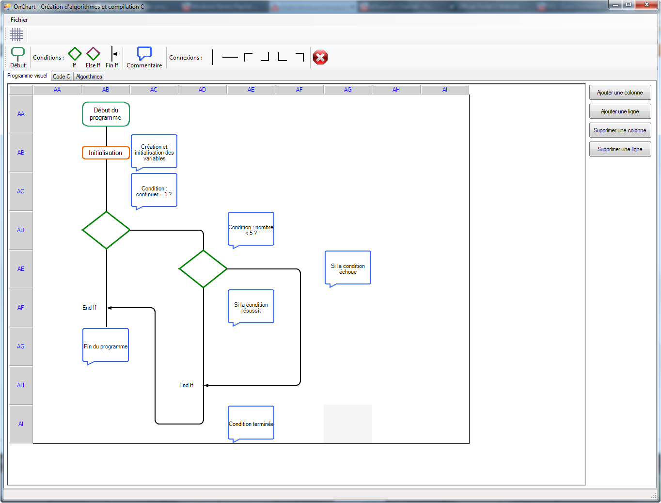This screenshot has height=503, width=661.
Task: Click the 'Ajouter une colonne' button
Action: (620, 93)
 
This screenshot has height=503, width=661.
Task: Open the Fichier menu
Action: (19, 20)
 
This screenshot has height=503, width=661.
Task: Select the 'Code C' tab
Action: (62, 77)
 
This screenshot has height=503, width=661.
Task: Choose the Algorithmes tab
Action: (89, 77)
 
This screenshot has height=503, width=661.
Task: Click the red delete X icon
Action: (320, 57)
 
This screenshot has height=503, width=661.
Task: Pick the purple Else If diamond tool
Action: (93, 54)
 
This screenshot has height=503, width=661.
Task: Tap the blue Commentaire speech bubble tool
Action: (144, 54)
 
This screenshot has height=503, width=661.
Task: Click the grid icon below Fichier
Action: (16, 34)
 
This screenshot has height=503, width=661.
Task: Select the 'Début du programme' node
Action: (106, 114)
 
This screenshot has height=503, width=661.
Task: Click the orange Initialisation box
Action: (106, 153)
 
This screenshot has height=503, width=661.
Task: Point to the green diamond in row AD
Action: (106, 230)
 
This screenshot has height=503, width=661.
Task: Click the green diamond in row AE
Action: (203, 269)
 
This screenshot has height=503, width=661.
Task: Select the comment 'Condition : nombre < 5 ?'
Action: (251, 229)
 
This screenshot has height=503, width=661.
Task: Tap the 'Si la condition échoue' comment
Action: (348, 268)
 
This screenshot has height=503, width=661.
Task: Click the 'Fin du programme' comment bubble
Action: (106, 346)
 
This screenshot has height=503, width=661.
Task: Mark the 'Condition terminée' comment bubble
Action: (251, 423)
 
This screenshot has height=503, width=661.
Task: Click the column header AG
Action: (348, 90)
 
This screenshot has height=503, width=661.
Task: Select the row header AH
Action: (21, 385)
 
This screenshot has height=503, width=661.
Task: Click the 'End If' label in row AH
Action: (186, 385)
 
